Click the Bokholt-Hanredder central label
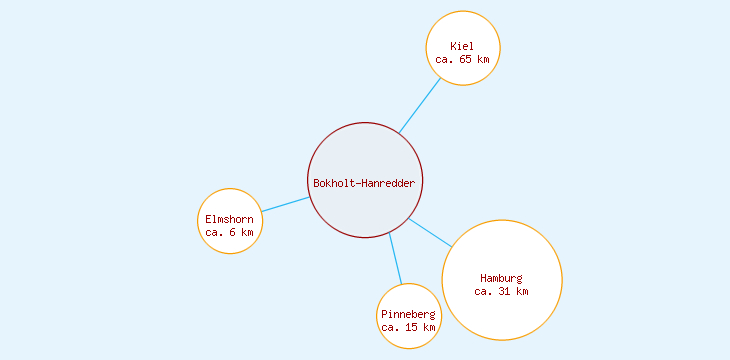(x=364, y=183)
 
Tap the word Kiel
(x=462, y=46)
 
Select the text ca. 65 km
(x=462, y=59)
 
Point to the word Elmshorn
(x=229, y=219)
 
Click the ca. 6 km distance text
(x=229, y=232)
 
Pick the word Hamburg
(x=501, y=278)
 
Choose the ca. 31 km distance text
(x=501, y=291)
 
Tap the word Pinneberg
(x=408, y=315)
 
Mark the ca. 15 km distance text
(x=408, y=327)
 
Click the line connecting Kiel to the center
(x=420, y=105)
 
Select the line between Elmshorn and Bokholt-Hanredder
(x=285, y=204)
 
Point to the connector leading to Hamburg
(x=431, y=232)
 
